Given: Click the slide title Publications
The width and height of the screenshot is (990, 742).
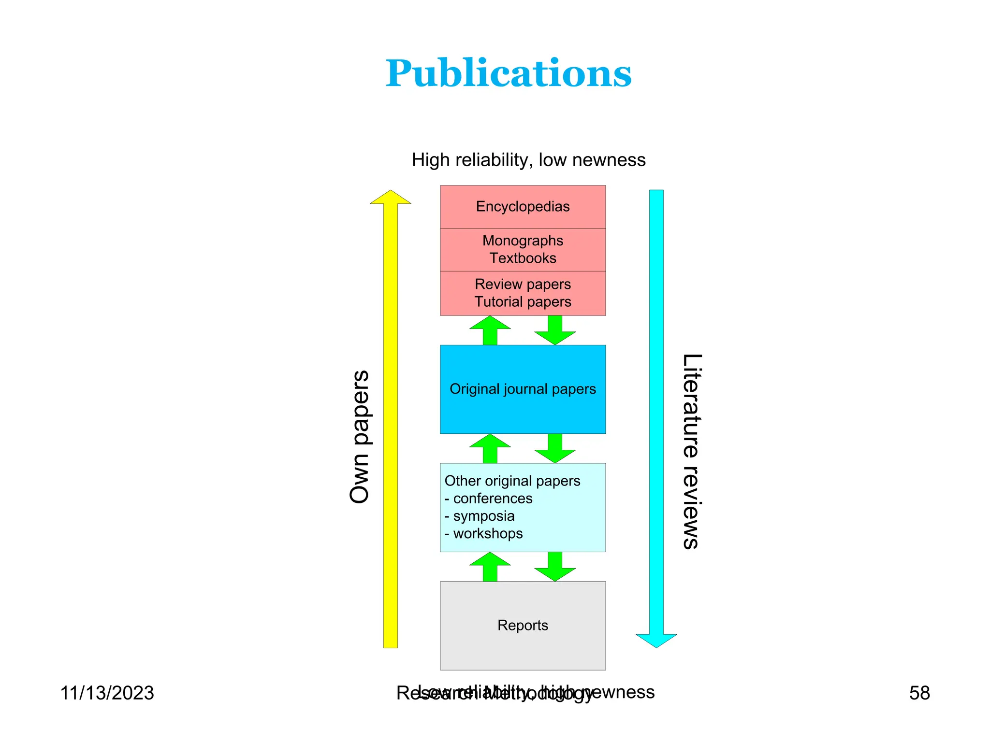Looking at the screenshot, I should [508, 73].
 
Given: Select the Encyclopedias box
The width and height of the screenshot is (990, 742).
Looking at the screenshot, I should [523, 206].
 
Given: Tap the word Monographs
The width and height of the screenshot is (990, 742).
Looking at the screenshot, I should [523, 241].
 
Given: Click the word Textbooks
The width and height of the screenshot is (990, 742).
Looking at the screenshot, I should [523, 258].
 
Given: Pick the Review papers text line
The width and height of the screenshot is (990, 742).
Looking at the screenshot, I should [523, 284].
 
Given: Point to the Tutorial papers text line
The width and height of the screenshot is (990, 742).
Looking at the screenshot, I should [523, 302].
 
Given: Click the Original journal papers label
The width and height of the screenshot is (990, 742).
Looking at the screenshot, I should [523, 389].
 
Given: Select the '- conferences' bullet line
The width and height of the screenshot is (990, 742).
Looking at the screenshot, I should [488, 499].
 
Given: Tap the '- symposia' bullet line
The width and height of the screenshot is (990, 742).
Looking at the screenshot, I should [480, 516].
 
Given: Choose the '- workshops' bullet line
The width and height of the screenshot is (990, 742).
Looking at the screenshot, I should [483, 533].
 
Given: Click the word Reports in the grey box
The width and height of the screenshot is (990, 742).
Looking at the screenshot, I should [523, 625].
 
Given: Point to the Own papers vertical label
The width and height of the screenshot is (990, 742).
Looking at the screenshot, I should [360, 437].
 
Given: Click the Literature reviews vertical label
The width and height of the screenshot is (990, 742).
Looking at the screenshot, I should [691, 451].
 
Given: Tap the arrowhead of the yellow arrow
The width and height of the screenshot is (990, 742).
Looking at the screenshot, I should [390, 198].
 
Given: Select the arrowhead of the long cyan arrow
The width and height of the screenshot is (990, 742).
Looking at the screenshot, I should [656, 640].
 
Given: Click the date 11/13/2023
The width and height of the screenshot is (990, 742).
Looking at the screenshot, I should [107, 693].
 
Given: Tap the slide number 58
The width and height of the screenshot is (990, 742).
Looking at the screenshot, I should [919, 693].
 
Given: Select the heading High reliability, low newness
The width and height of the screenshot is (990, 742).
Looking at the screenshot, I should [528, 160].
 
